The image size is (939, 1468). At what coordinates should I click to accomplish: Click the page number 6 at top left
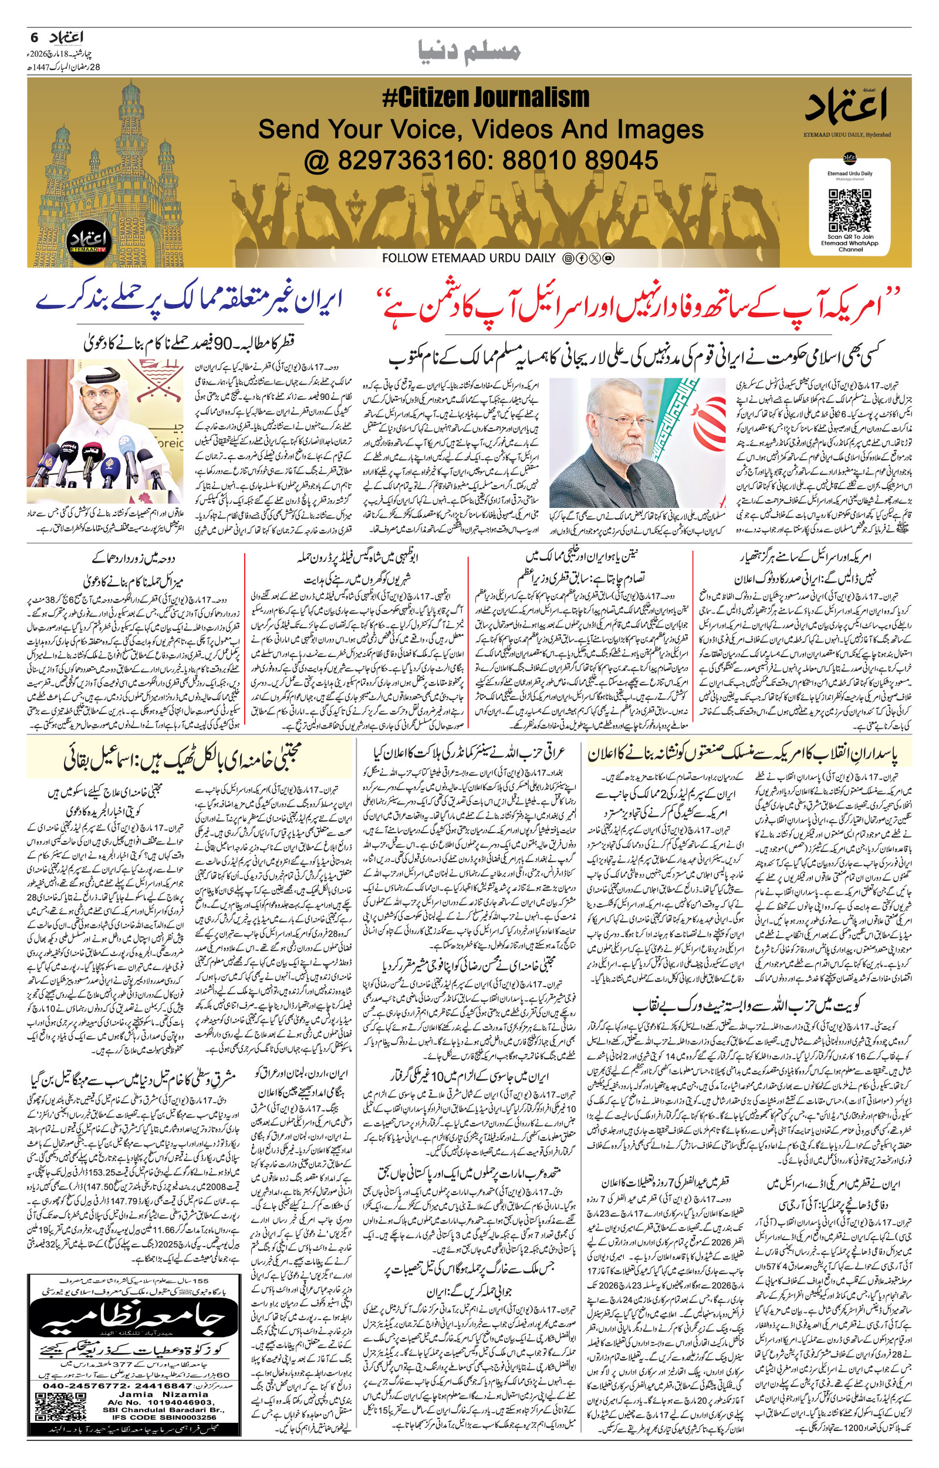tap(35, 38)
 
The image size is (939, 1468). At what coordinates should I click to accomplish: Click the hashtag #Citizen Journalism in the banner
tap(486, 98)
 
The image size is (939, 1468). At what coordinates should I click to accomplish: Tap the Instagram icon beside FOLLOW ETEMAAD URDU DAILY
tap(567, 258)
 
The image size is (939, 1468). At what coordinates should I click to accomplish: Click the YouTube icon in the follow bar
tap(608, 258)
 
